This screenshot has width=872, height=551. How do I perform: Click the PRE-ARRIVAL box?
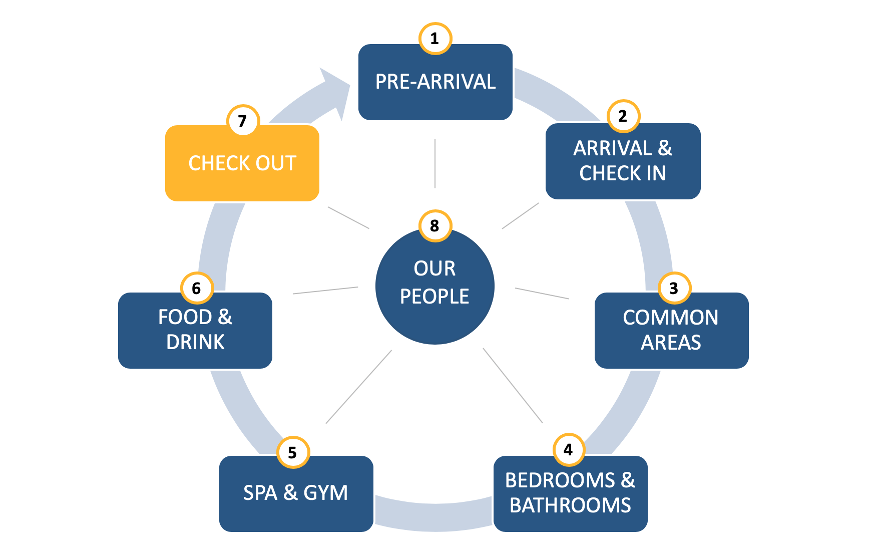[x=435, y=82]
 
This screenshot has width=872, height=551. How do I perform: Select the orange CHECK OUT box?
[x=242, y=163]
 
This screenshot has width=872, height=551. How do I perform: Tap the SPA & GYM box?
[x=296, y=493]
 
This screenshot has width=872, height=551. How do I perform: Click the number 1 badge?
[x=434, y=39]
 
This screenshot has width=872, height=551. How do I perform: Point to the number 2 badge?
[x=623, y=116]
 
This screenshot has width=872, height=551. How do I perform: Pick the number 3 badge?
[x=674, y=288]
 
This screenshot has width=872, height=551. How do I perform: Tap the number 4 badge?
[x=569, y=450]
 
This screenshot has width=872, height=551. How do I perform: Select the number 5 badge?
[x=293, y=452]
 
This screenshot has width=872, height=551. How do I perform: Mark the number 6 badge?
[x=197, y=288]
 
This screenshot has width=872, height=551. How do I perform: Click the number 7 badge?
[x=243, y=121]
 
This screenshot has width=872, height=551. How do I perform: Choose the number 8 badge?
[x=434, y=226]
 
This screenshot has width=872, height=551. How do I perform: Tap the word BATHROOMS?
[x=570, y=505]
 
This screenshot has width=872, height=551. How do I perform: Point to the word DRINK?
[x=195, y=342]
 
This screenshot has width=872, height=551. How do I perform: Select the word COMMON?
[x=671, y=318]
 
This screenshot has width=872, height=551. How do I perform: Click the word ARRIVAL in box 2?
[x=613, y=148]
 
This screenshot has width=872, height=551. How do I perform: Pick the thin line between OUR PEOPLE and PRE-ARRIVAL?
[x=435, y=163]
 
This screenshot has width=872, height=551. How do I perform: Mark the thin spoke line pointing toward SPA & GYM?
[x=358, y=387]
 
